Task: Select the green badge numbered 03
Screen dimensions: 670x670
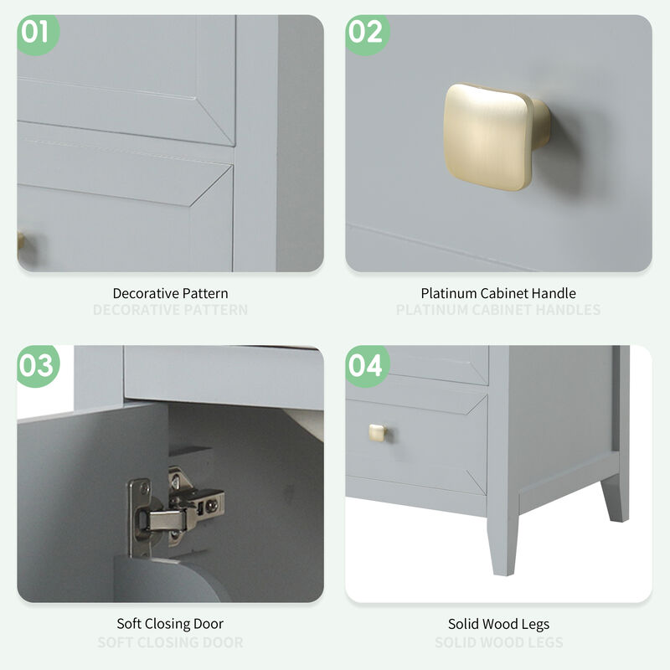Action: pos(35,365)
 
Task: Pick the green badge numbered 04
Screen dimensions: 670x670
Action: pos(365,365)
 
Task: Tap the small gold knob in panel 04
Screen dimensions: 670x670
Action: pos(377,432)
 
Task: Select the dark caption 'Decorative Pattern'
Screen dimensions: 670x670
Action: pos(170,293)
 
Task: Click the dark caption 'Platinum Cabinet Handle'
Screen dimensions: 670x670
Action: pos(498,293)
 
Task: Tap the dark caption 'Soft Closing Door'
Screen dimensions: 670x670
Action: pos(170,624)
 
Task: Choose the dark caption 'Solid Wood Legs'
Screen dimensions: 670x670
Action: pos(498,624)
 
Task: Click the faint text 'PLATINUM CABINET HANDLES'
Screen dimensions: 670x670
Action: pos(498,310)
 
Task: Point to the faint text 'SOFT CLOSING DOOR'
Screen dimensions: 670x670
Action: pos(170,642)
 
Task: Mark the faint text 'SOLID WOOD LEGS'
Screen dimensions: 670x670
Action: pos(498,642)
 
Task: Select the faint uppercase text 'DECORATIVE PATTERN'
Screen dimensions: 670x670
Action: pos(170,310)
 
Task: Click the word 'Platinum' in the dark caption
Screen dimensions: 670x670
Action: pos(446,293)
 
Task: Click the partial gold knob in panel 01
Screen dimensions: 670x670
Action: pos(20,243)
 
